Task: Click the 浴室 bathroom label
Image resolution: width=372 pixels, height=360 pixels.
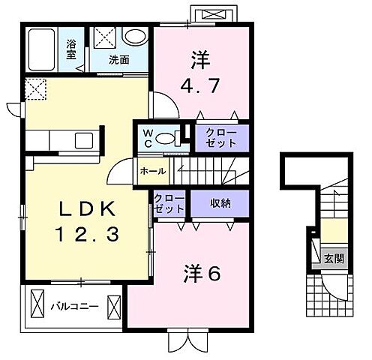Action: click(71, 49)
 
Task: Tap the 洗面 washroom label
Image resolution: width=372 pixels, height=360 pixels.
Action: click(118, 58)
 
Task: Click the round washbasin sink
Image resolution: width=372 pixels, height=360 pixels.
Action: click(136, 38)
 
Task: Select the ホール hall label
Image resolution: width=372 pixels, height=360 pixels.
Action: click(152, 171)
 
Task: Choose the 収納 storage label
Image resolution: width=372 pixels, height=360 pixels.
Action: click(220, 203)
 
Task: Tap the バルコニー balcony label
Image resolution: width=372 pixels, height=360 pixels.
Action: click(74, 307)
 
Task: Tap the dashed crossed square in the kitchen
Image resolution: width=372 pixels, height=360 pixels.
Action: click(37, 89)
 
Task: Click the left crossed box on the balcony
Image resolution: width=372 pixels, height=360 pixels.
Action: click(37, 306)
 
